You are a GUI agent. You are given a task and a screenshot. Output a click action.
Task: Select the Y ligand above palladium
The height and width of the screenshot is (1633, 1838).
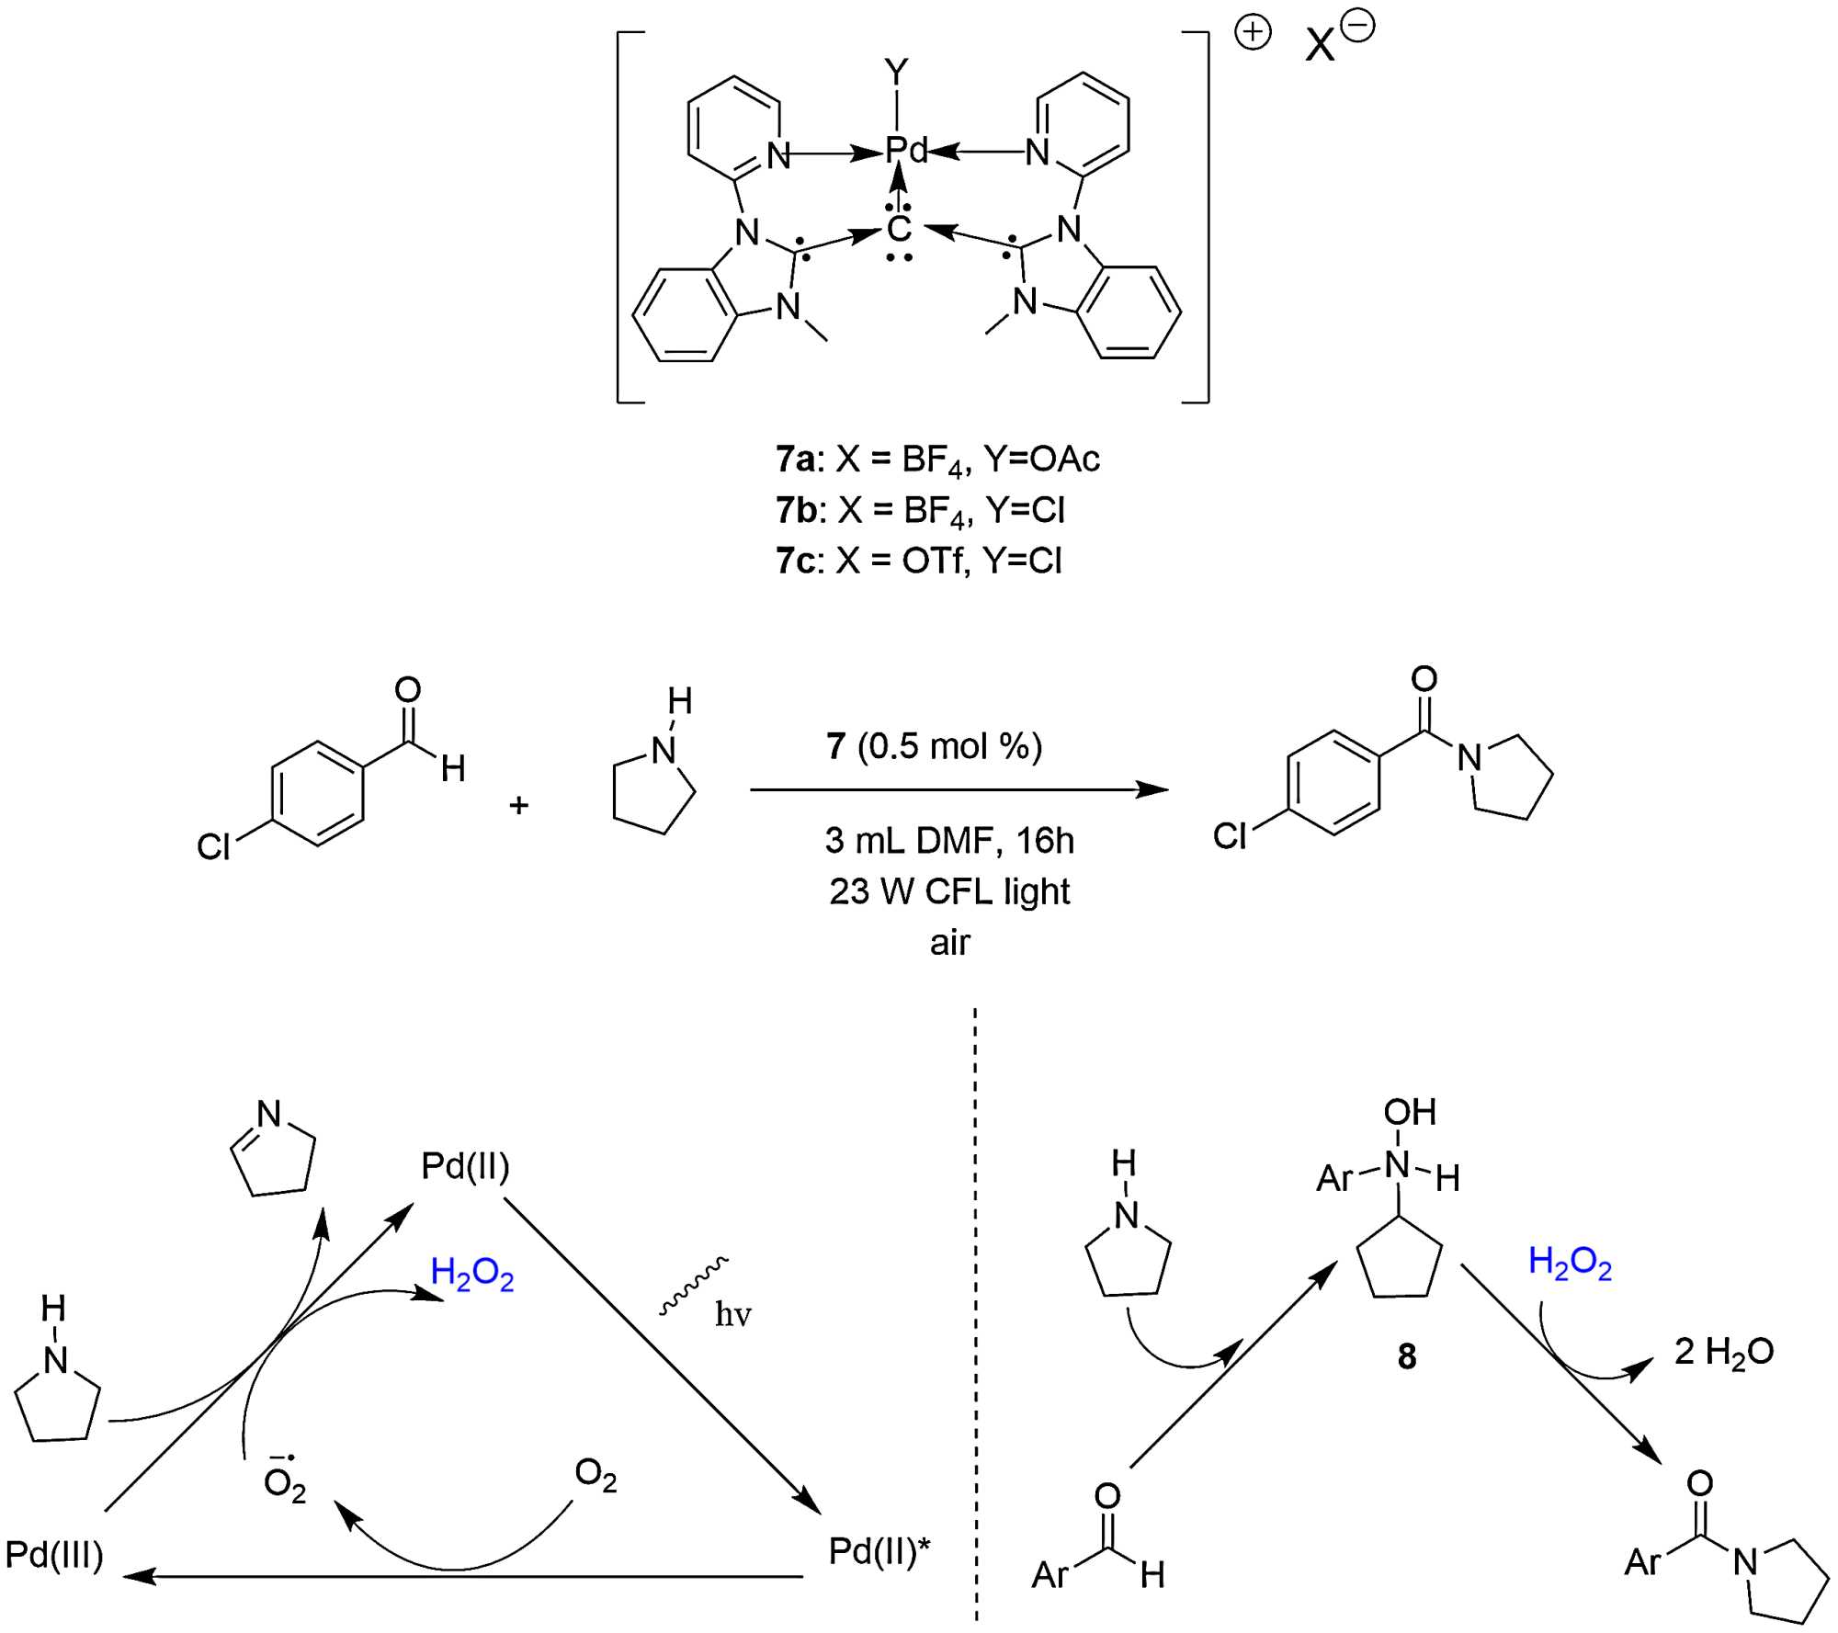point(896,72)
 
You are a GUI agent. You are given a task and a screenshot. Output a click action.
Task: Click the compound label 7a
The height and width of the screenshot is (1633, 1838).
point(795,459)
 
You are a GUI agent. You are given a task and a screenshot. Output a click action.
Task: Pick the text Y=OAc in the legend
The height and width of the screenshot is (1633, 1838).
point(1041,459)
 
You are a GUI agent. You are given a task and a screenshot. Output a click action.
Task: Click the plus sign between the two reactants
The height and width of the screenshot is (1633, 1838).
point(519,805)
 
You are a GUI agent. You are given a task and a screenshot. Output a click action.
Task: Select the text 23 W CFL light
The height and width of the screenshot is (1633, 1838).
point(949,891)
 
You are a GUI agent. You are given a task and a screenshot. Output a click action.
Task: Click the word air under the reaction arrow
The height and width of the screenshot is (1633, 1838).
point(949,942)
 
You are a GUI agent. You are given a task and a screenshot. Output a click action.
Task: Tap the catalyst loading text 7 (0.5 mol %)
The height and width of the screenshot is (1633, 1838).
point(934,746)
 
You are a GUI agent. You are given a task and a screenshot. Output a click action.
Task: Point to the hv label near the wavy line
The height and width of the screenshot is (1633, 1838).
point(732,1315)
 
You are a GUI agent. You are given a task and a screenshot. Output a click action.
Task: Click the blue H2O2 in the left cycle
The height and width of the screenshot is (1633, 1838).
point(472,1274)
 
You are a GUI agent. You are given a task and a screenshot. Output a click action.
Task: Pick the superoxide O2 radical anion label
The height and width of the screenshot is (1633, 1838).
point(284,1482)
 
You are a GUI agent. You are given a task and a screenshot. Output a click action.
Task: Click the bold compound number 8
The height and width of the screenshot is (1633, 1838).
point(1406,1356)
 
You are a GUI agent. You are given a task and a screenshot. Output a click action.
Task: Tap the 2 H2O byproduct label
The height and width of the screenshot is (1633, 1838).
point(1723,1351)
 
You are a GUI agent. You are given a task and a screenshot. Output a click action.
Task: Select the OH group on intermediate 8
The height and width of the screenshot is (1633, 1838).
point(1410,1112)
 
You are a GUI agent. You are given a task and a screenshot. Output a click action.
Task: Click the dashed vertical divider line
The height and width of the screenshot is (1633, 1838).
point(975,1314)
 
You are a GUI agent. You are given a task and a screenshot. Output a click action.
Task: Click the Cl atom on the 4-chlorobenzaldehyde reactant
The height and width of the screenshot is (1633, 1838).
point(213,846)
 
